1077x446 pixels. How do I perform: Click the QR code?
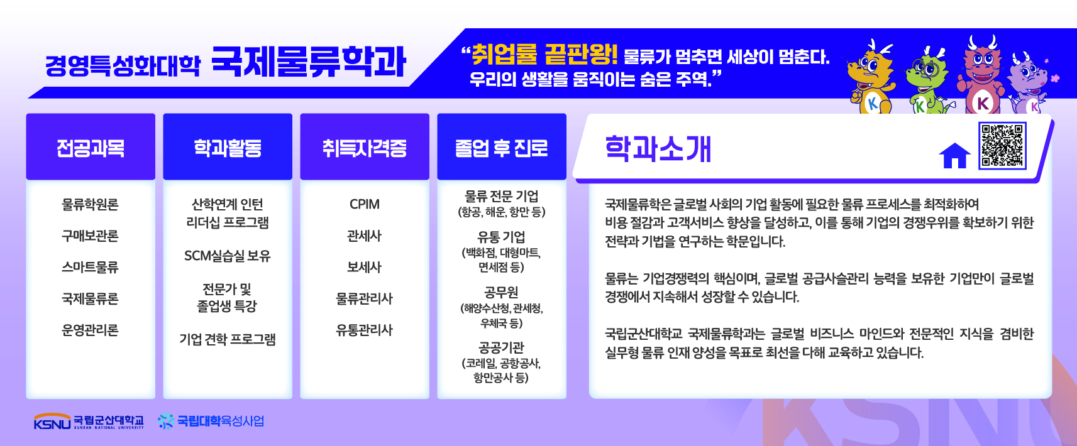click(1002, 146)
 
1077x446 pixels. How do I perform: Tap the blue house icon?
click(954, 156)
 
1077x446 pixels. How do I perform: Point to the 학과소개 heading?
click(658, 149)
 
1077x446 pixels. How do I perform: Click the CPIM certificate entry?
click(365, 204)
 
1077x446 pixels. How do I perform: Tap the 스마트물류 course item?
click(90, 267)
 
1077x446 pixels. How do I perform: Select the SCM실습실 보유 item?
click(228, 256)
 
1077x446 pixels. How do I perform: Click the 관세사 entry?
click(364, 236)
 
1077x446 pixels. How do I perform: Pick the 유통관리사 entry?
click(364, 330)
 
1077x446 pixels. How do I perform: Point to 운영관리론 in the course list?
click(90, 330)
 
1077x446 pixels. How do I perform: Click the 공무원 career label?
click(501, 292)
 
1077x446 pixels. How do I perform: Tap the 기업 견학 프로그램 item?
click(228, 339)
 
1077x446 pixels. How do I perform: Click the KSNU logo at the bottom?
click(89, 421)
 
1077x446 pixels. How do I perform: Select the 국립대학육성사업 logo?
click(211, 421)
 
